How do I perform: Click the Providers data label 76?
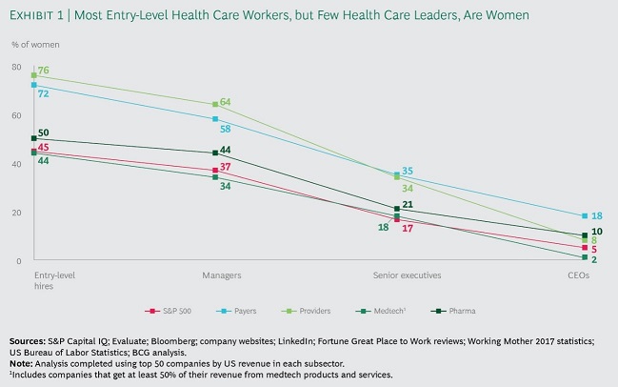(x=45, y=71)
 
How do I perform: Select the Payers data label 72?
(x=43, y=93)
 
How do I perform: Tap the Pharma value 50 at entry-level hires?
(x=44, y=132)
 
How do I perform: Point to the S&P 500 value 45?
(x=43, y=148)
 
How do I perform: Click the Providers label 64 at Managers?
(x=226, y=102)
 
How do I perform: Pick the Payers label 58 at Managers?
(x=226, y=127)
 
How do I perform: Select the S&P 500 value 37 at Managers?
(x=226, y=168)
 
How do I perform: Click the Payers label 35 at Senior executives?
(x=408, y=172)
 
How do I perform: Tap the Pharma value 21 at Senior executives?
(x=406, y=206)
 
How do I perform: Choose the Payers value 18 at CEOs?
(x=597, y=216)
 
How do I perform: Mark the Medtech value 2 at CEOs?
(x=593, y=259)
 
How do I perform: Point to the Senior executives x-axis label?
(x=406, y=275)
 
